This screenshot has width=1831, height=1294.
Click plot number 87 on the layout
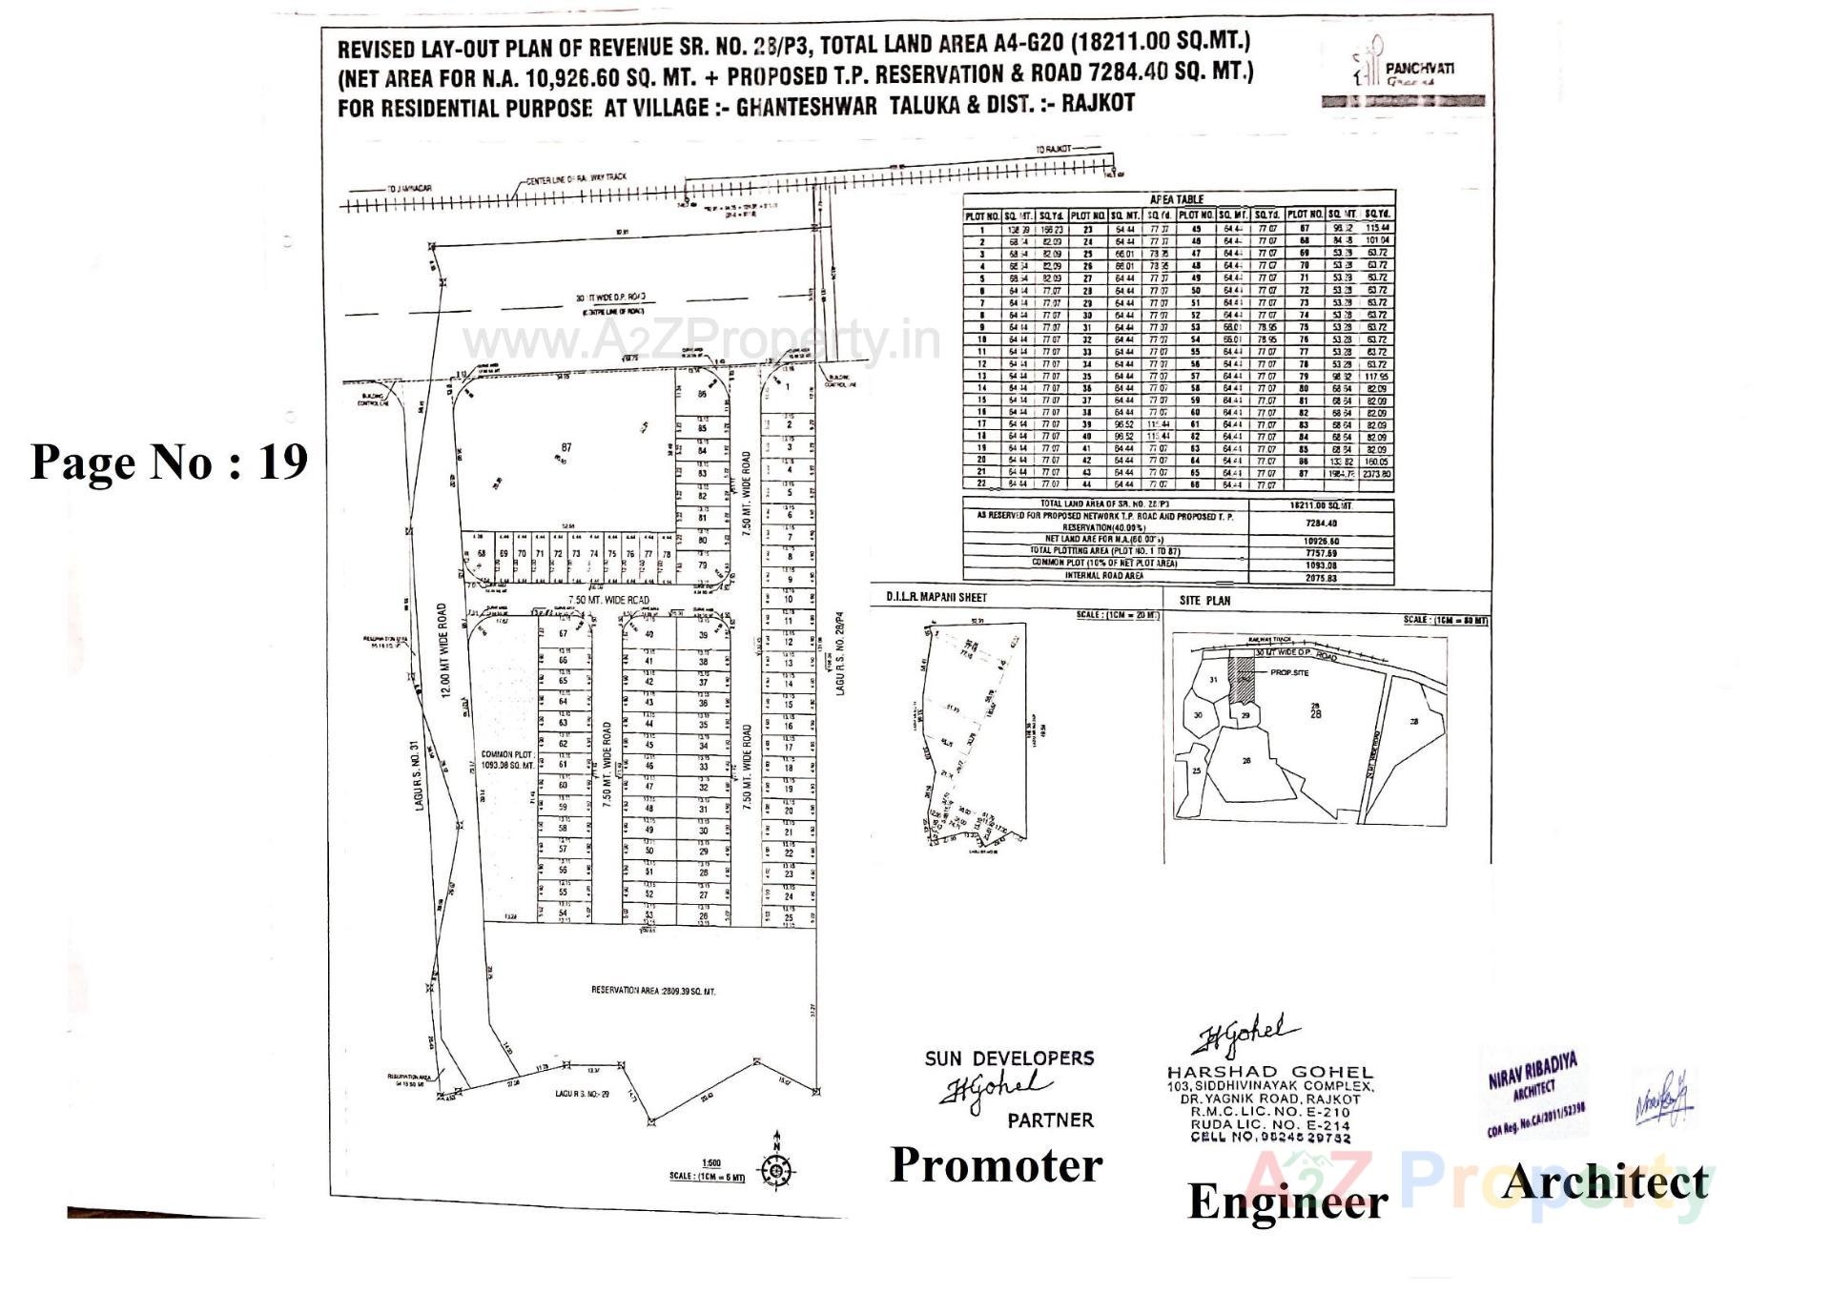pos(566,448)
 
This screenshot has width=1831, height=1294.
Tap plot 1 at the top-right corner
pos(789,388)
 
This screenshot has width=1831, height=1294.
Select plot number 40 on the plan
pos(649,634)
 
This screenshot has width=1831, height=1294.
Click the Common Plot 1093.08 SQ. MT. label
pos(507,760)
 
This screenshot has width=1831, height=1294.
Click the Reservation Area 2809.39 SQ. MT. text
pos(652,992)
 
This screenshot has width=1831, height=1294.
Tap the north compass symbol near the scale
pos(777,1171)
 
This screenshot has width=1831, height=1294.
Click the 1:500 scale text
pos(711,1162)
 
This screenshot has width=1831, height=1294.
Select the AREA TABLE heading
pos(1176,199)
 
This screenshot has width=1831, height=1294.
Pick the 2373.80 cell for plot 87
pos(1376,474)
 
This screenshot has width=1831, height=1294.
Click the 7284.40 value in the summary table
pos(1320,523)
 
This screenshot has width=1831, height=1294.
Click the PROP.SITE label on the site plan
pos(1289,672)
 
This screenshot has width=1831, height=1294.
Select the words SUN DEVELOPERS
pos(1009,1058)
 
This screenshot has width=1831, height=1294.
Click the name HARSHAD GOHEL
pos(1269,1073)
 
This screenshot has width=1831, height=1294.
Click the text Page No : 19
pos(170,462)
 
